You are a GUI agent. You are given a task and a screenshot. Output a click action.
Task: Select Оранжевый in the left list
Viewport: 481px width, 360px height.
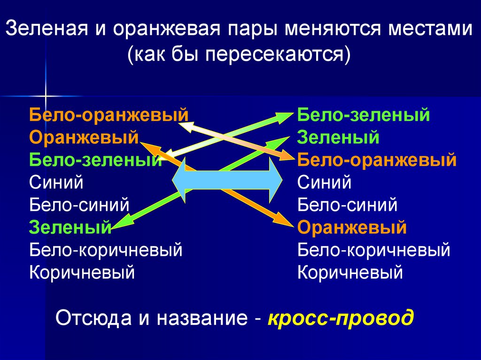point(84,137)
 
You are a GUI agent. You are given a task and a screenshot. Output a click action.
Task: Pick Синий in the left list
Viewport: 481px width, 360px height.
point(56,182)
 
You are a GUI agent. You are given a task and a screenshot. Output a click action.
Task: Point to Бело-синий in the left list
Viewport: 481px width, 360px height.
point(79,205)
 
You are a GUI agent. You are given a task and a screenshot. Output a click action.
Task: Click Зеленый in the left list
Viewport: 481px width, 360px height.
point(70,228)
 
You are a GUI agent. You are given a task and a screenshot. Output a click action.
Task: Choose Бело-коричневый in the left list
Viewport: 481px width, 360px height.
point(106,250)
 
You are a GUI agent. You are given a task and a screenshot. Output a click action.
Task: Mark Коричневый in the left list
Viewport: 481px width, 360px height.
point(82,272)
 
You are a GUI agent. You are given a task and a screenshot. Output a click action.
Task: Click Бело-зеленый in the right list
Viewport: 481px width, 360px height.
point(364,115)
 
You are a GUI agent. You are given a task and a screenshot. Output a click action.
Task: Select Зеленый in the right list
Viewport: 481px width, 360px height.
point(338,137)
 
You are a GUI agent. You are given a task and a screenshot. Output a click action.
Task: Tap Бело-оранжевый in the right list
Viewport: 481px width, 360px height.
point(377,160)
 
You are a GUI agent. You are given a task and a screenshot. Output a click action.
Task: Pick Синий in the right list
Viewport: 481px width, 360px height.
point(324,182)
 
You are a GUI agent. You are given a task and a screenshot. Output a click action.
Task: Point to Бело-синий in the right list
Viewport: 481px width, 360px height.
point(347,205)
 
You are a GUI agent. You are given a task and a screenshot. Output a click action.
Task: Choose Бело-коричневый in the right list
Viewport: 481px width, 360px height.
point(374,250)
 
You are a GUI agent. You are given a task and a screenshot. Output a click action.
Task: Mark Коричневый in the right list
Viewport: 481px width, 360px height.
point(350,272)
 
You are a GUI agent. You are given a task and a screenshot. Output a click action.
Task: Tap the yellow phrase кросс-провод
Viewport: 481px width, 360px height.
point(341,318)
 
